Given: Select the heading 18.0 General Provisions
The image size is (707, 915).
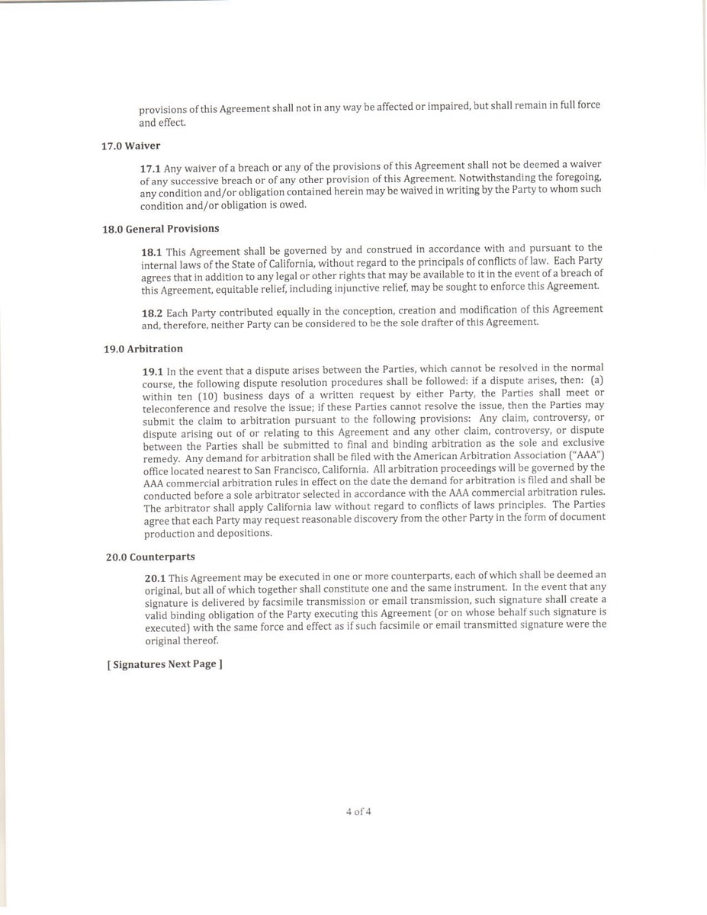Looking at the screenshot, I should [x=161, y=229].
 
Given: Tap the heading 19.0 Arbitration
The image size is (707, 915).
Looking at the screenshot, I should [x=143, y=349].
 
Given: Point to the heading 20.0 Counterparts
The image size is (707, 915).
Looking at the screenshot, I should [x=149, y=556].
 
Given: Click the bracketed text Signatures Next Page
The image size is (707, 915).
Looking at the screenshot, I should [x=165, y=664].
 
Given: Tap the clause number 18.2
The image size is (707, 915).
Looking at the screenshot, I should [x=153, y=313].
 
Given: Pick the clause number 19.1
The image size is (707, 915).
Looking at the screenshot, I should [x=153, y=371].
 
